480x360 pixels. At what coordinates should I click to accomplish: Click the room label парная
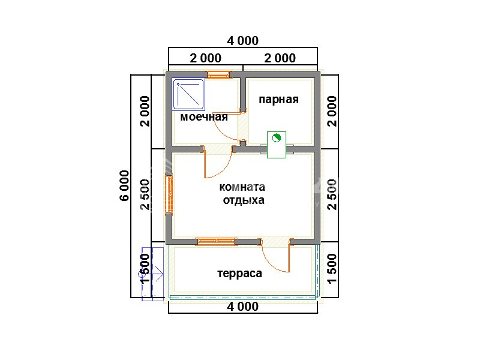click(278, 100)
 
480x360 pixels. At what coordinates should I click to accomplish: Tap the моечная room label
click(204, 117)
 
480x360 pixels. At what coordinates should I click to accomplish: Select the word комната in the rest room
click(242, 187)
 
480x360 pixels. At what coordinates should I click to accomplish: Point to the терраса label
click(239, 274)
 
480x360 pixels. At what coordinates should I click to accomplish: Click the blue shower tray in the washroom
click(188, 94)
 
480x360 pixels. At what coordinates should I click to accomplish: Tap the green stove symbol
click(277, 145)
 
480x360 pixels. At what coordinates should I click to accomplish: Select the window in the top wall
click(218, 74)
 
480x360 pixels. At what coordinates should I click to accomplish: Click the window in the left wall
click(169, 194)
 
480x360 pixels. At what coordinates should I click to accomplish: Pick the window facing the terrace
click(216, 242)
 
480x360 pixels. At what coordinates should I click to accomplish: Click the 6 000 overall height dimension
click(125, 185)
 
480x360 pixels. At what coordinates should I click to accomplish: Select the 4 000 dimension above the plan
click(243, 41)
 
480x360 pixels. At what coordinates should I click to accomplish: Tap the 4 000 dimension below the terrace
click(243, 307)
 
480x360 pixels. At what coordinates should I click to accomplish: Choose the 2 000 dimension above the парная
click(280, 58)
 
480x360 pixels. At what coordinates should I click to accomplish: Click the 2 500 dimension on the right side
click(332, 194)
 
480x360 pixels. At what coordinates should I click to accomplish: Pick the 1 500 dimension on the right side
click(332, 269)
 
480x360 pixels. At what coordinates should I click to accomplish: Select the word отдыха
click(244, 200)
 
